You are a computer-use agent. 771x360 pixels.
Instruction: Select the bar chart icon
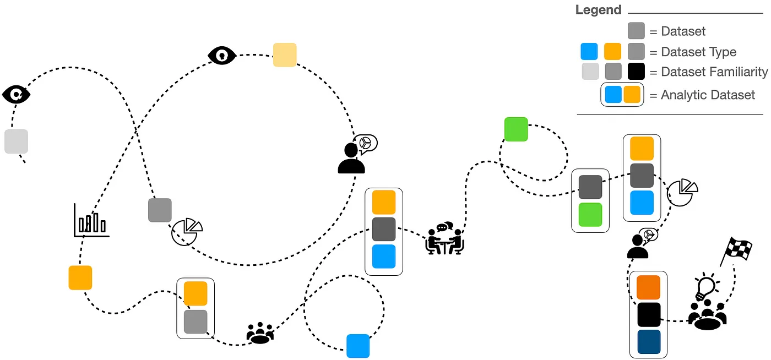click(91, 221)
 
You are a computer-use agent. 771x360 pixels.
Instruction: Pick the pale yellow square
click(285, 55)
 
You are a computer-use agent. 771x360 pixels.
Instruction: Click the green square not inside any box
click(516, 129)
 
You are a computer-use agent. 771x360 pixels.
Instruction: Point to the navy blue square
click(648, 341)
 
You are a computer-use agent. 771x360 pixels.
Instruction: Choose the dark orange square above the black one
click(648, 287)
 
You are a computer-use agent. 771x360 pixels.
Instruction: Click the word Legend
click(598, 10)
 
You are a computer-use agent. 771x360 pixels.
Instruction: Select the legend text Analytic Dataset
click(708, 95)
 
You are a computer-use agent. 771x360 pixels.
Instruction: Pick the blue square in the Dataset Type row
click(589, 52)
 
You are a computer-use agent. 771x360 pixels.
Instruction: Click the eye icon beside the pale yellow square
click(222, 56)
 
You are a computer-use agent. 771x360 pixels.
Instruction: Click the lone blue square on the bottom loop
click(358, 346)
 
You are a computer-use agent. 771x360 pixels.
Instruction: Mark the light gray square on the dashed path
click(16, 141)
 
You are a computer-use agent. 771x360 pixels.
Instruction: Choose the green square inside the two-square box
click(590, 215)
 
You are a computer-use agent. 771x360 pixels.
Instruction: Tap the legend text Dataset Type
click(698, 52)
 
